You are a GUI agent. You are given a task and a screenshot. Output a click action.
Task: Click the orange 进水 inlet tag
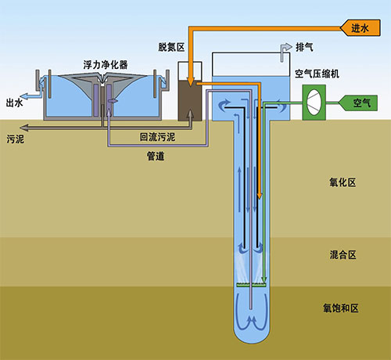(361, 27)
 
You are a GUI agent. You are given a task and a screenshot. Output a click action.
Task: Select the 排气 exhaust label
(304, 48)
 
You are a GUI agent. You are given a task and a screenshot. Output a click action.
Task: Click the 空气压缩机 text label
(317, 74)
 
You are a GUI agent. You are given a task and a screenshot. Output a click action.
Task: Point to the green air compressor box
(314, 103)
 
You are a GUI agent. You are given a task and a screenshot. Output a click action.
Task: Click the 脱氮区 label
(171, 47)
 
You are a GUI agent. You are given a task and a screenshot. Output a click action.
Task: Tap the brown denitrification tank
(190, 101)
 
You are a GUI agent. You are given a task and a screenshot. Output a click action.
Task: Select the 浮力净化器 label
(106, 65)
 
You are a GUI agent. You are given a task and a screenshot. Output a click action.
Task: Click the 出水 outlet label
(15, 103)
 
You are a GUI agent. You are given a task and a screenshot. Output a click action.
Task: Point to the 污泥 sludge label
(16, 139)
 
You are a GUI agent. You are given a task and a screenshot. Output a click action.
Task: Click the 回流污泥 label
(157, 137)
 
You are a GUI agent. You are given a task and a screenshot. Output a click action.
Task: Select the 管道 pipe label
(156, 157)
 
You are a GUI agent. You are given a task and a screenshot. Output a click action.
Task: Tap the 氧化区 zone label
(343, 182)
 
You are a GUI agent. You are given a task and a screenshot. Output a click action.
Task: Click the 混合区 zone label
(343, 255)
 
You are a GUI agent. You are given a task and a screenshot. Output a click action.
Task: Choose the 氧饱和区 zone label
(341, 308)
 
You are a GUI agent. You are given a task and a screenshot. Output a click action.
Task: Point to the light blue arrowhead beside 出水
(24, 96)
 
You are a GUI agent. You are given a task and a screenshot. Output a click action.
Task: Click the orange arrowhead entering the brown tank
(191, 81)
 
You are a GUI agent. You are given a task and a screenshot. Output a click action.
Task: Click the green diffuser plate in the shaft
(251, 285)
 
